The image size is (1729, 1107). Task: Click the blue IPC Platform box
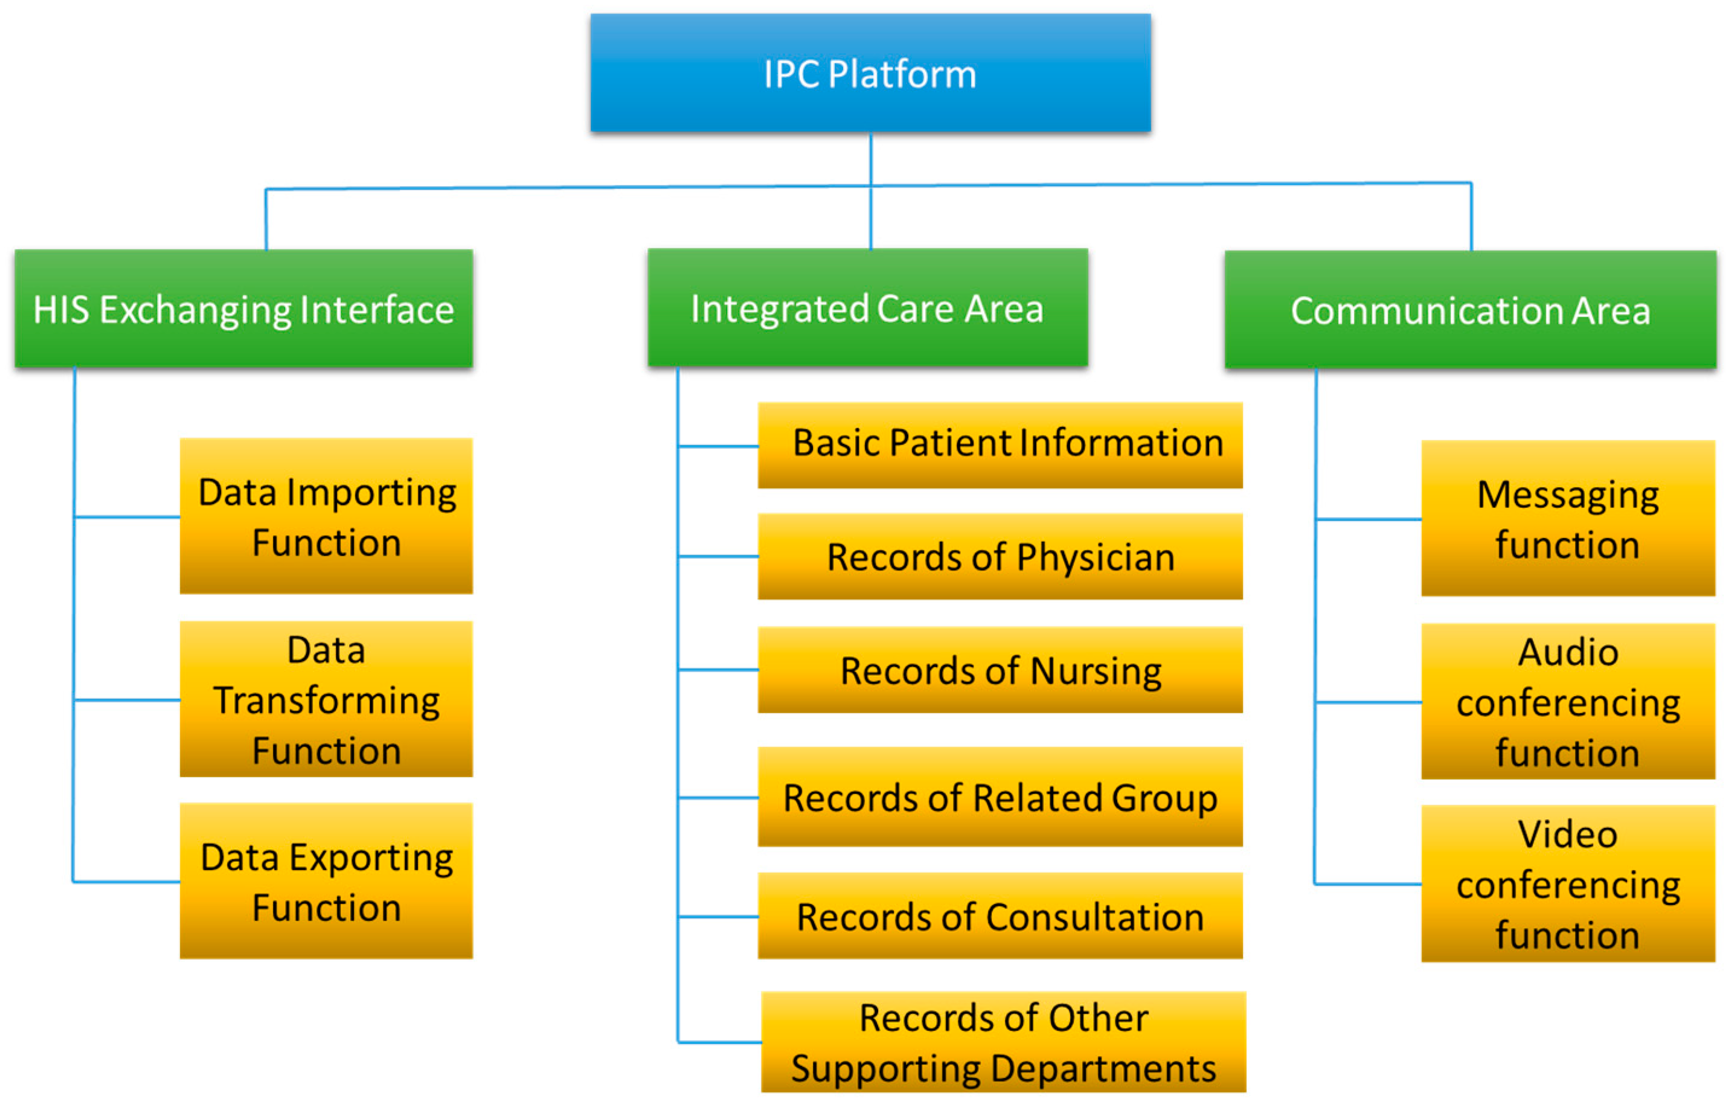870,72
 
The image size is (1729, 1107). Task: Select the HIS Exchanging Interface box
243,309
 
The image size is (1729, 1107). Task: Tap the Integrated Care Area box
867,307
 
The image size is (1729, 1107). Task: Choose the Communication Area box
1469,310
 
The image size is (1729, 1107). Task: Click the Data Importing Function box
326,516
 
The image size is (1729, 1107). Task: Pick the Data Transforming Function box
326,699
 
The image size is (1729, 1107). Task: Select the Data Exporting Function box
326,881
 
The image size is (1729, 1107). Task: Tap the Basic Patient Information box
999,445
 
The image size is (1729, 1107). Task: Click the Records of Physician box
999,556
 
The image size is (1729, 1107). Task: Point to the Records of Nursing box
999,670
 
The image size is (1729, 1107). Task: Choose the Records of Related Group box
999,797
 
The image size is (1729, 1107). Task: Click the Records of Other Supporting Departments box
1003,1042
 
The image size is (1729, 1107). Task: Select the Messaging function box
1567,518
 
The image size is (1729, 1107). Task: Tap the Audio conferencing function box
1567,702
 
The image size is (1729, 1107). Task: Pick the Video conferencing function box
1567,884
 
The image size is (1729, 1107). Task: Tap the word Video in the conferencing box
1567,835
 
